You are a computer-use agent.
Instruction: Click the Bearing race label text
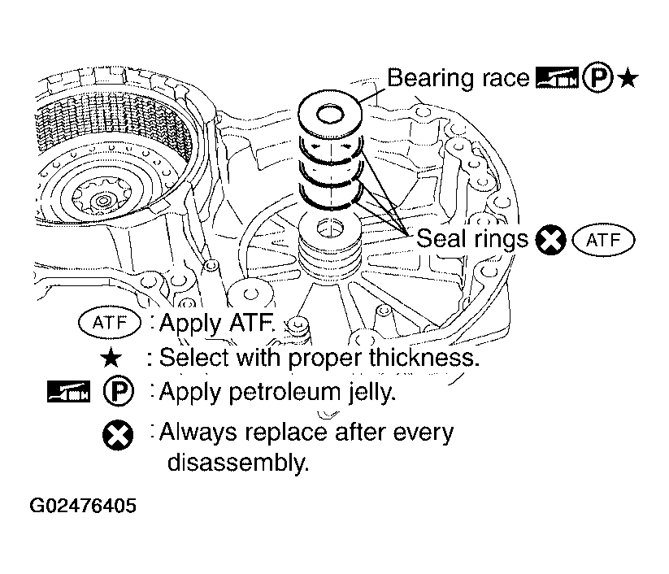(458, 78)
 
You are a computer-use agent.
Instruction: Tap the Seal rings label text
(472, 238)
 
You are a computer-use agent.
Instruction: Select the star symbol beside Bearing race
(628, 80)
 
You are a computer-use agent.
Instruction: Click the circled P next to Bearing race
(597, 79)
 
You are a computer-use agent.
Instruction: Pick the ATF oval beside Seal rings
(603, 240)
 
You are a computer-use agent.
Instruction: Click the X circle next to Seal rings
(550, 240)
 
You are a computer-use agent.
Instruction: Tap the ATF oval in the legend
(110, 323)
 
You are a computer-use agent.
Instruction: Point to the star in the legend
(111, 358)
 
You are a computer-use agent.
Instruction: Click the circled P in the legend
(118, 390)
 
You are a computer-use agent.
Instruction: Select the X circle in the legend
(118, 435)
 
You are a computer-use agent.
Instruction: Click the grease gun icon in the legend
(68, 391)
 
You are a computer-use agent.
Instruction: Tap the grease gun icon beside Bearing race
(557, 78)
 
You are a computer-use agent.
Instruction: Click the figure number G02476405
(83, 505)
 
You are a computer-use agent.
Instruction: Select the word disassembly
(237, 462)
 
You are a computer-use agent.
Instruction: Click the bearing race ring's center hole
(330, 114)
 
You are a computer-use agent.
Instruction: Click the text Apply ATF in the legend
(216, 323)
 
